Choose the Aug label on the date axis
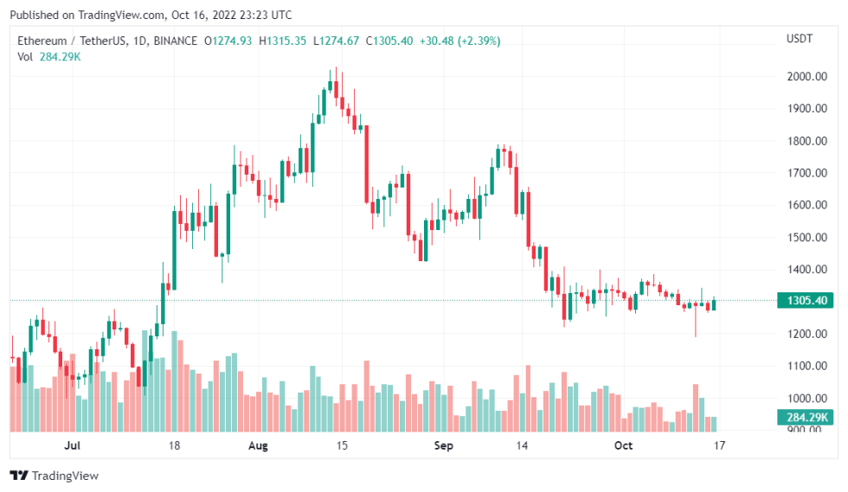[258, 445]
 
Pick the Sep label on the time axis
[443, 445]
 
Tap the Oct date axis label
[623, 445]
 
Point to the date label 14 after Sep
[522, 445]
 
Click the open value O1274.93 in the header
[228, 41]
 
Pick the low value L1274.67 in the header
[338, 41]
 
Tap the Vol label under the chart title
[25, 57]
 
